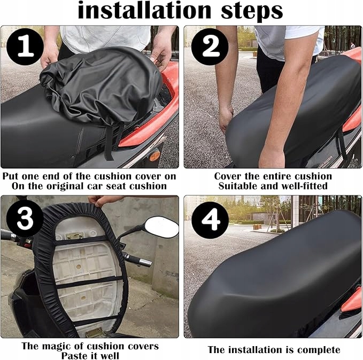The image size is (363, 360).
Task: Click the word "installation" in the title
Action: [x=144, y=10]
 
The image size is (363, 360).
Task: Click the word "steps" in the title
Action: [x=252, y=12]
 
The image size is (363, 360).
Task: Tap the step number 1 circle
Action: [x=25, y=46]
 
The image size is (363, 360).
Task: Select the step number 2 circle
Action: [x=210, y=46]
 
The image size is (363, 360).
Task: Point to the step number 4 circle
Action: [x=210, y=220]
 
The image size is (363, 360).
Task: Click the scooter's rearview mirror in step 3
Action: [x=161, y=227]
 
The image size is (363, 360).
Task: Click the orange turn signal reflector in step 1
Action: [x=155, y=155]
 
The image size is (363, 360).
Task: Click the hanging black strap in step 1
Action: [x=109, y=143]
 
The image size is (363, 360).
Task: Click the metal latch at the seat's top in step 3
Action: [x=74, y=236]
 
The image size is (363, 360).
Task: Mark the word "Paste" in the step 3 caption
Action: [x=75, y=356]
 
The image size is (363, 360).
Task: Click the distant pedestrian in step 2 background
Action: [x=353, y=45]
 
